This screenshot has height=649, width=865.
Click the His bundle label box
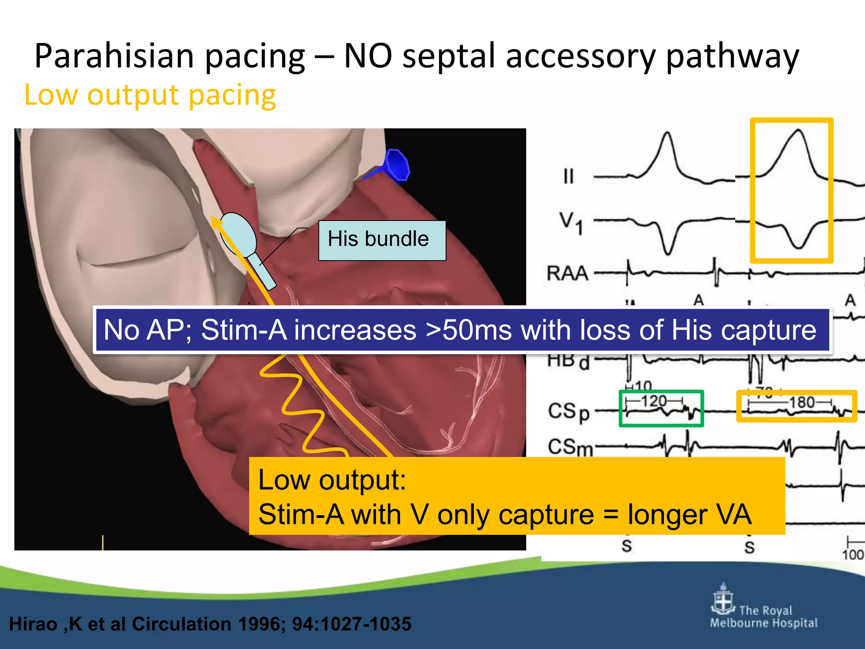382,240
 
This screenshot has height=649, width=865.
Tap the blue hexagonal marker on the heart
397,164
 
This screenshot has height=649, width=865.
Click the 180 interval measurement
802,402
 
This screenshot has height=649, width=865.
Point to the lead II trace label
569,176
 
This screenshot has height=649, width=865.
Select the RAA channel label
567,273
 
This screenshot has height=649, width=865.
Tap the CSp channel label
569,412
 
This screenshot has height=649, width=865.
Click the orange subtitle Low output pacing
150,95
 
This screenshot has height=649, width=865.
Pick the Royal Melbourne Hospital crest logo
723,599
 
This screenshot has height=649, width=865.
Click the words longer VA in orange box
689,515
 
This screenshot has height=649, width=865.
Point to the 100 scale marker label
853,554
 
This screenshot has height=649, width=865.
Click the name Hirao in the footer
33,624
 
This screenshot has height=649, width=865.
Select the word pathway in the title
732,56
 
